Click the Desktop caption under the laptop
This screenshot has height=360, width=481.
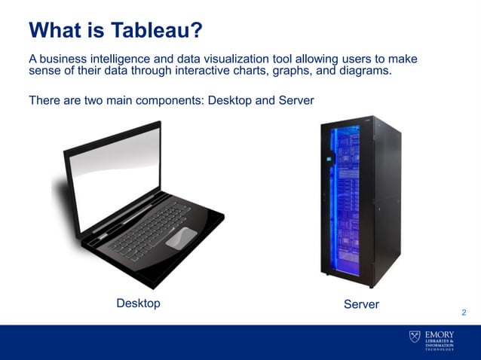tap(138, 303)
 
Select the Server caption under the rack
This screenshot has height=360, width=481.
tap(361, 304)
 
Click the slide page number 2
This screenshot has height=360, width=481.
tap(463, 313)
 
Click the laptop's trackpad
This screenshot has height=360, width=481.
tap(181, 238)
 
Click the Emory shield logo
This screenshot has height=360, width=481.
tap(415, 336)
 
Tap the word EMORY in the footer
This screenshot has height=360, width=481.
tap(439, 333)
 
